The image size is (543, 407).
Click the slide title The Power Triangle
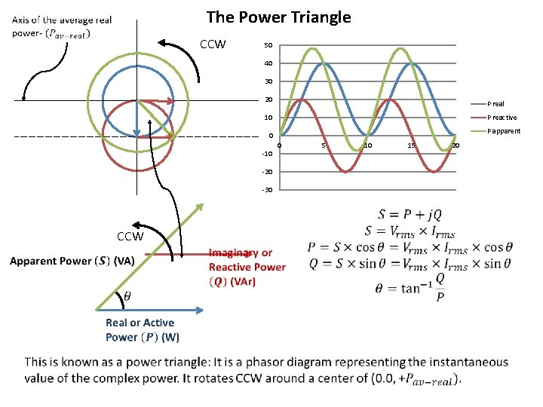click(x=278, y=17)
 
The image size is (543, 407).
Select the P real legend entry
click(x=495, y=104)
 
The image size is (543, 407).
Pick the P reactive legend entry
click(x=502, y=118)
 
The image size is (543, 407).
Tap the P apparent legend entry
click(x=503, y=131)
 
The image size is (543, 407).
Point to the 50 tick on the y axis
click(x=268, y=46)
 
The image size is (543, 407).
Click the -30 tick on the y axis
click(x=267, y=189)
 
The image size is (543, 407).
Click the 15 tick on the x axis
click(x=411, y=145)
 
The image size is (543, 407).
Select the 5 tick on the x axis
click(x=323, y=145)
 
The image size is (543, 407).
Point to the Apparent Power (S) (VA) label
click(x=72, y=262)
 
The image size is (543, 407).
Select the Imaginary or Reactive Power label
click(x=247, y=267)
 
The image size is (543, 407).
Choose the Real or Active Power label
click(x=142, y=329)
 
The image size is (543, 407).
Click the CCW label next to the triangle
click(x=130, y=237)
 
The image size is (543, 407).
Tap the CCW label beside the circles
click(x=213, y=44)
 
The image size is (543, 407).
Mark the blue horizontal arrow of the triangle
click(x=151, y=310)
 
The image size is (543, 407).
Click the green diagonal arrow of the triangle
click(x=151, y=256)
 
